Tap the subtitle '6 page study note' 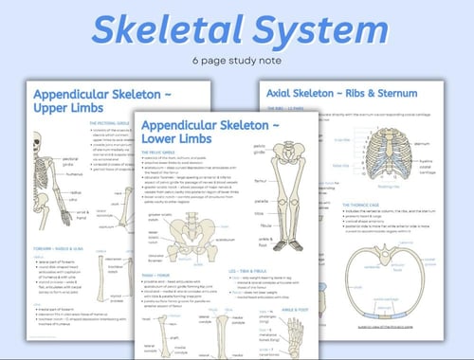click(236, 73)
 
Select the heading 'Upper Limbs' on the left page click(70, 113)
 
